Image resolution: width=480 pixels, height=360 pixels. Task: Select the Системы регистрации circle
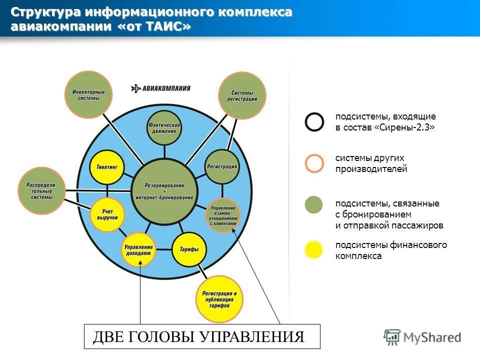tap(242, 95)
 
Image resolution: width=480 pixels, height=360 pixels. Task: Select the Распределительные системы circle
tap(41, 190)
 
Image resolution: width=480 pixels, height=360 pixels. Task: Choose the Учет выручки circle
tap(106, 215)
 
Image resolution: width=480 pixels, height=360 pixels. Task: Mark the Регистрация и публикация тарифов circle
tap(219, 298)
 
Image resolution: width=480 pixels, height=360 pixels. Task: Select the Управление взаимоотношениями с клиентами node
tap(222, 215)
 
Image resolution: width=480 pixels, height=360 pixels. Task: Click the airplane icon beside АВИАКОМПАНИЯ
tap(136, 88)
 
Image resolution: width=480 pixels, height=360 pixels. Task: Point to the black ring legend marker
tap(314, 121)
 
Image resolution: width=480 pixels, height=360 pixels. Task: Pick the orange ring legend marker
tap(314, 163)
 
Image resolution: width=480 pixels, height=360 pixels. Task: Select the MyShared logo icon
tap(392, 337)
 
